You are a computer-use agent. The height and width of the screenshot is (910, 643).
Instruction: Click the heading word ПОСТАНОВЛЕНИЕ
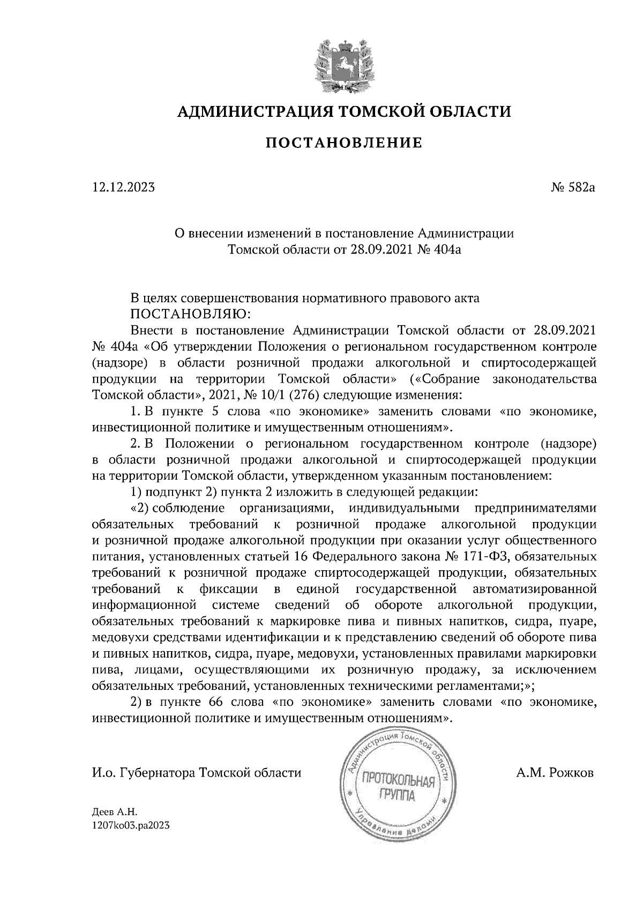click(344, 143)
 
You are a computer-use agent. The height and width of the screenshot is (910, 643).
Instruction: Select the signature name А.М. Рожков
click(555, 773)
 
